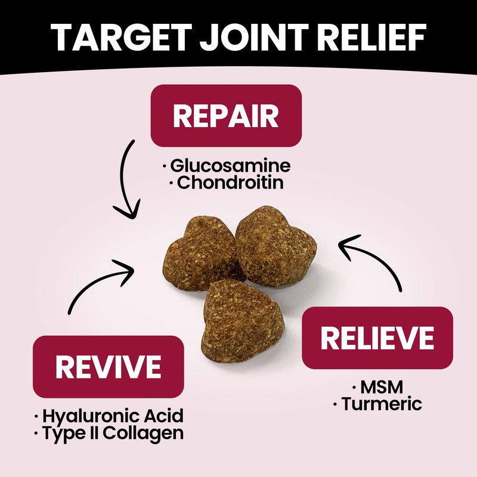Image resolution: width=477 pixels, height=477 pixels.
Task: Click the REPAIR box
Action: pos(226,116)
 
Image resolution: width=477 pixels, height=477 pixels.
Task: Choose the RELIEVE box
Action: pos(377,338)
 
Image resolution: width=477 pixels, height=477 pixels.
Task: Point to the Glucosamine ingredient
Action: pos(230,165)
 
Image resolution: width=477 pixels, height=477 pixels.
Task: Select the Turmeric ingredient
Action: pos(382,404)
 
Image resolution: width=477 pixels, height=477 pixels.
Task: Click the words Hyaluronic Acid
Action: pos(113,416)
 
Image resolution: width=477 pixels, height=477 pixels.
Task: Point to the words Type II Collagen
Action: pos(113,433)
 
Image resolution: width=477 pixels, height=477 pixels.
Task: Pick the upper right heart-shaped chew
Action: pos(275,245)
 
